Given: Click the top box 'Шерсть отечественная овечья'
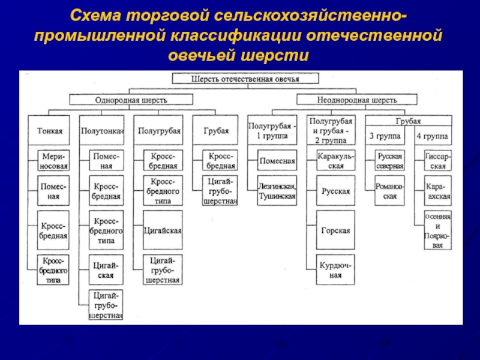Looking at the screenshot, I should [x=244, y=79].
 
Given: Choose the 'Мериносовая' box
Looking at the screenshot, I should [x=53, y=161].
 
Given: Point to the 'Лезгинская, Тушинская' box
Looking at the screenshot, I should [x=276, y=191].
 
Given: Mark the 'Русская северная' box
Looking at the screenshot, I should [x=389, y=161].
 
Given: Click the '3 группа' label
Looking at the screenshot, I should [x=383, y=136].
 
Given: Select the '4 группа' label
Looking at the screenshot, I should [x=433, y=136].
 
